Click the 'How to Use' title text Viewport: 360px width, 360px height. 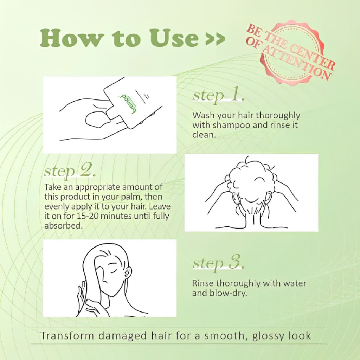[x=119, y=37]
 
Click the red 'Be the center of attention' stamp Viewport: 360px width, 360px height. [x=290, y=51]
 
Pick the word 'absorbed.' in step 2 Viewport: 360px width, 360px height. [x=63, y=226]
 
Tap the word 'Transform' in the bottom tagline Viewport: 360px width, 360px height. [x=67, y=336]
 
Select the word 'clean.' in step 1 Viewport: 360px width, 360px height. [x=204, y=135]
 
